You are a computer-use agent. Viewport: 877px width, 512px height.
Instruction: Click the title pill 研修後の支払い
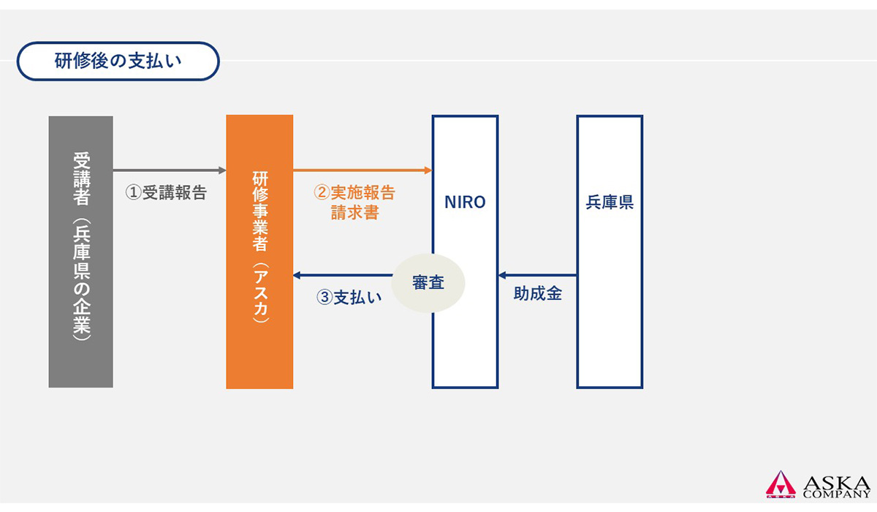[118, 61]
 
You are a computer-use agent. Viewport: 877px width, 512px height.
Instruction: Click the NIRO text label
[465, 203]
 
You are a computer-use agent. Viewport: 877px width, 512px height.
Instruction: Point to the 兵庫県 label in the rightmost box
[610, 203]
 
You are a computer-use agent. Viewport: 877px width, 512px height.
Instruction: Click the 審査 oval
[428, 283]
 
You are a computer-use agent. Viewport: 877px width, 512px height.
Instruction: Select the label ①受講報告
[166, 193]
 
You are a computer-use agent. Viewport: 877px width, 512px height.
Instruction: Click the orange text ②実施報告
[354, 193]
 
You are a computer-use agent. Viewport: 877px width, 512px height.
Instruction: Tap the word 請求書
[354, 214]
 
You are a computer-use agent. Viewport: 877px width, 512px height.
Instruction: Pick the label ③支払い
[349, 298]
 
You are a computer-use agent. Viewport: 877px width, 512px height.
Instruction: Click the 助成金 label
[537, 294]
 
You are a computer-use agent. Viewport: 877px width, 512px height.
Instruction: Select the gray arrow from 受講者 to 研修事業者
[170, 170]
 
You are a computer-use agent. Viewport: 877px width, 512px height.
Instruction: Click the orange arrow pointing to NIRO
[362, 170]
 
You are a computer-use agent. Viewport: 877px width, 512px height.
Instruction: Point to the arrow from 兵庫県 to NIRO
[537, 276]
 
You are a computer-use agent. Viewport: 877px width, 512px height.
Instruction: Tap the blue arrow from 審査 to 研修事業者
[342, 276]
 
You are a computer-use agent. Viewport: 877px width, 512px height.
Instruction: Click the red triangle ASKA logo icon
[781, 484]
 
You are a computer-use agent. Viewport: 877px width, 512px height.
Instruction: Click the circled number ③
[324, 298]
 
